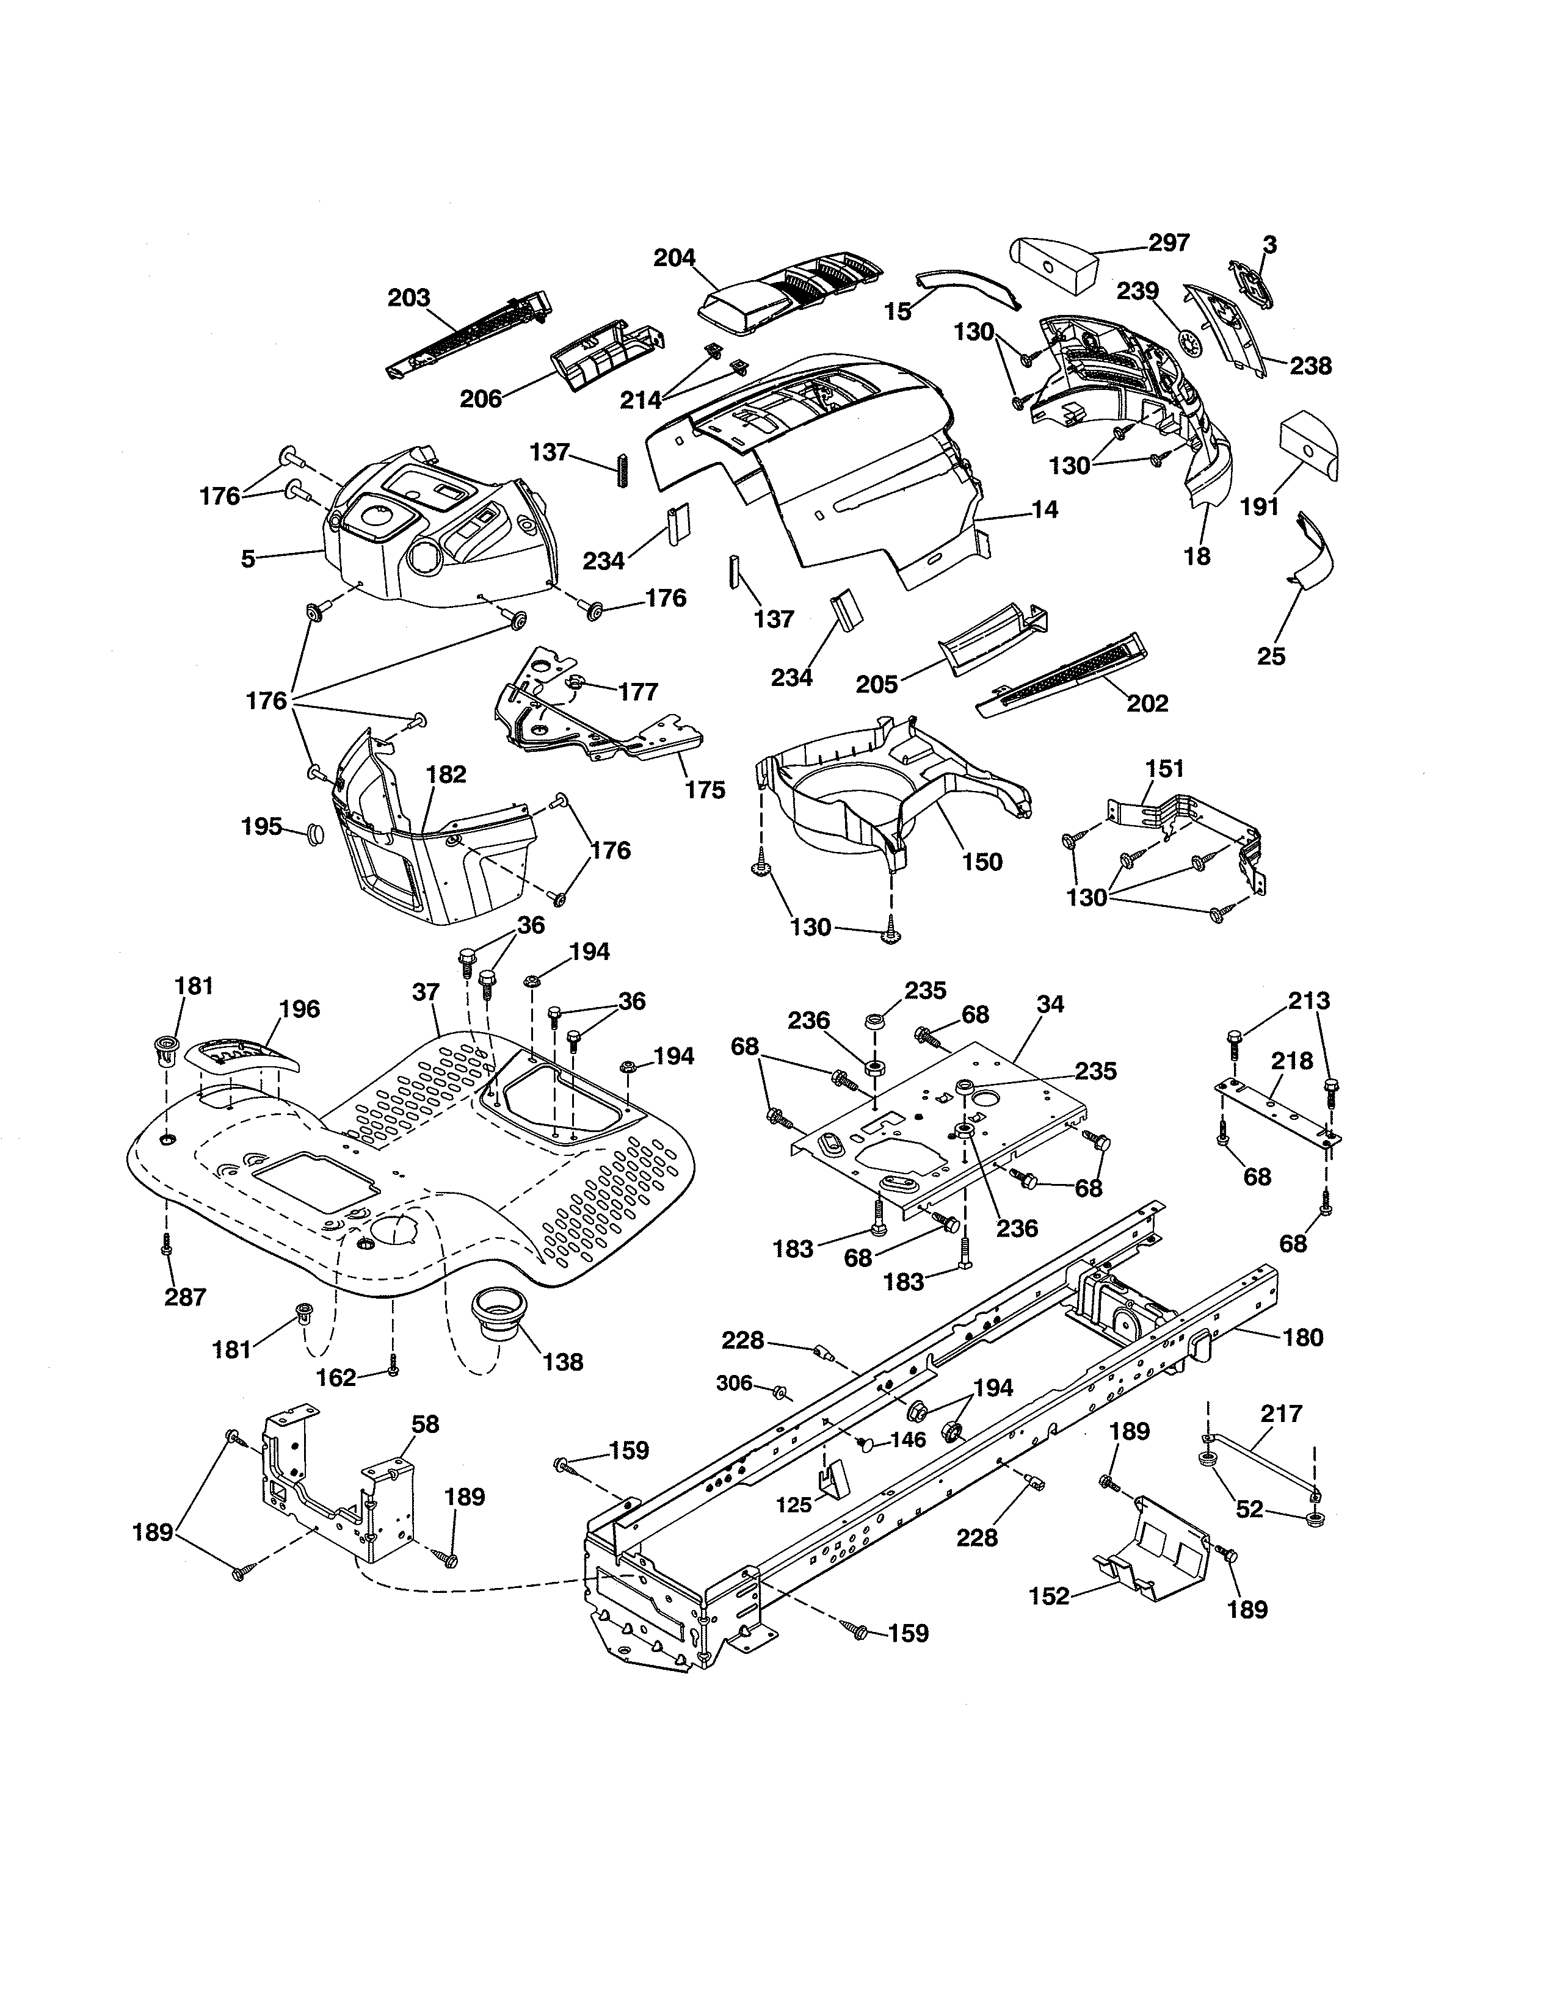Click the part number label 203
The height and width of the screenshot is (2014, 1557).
408,298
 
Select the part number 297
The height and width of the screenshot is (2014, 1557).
1169,242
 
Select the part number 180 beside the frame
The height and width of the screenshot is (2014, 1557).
1302,1337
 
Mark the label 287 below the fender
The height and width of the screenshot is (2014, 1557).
186,1296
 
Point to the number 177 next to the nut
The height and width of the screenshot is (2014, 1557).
638,691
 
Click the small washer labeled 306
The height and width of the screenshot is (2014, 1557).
780,1391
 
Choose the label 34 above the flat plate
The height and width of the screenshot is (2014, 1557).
1050,1004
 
